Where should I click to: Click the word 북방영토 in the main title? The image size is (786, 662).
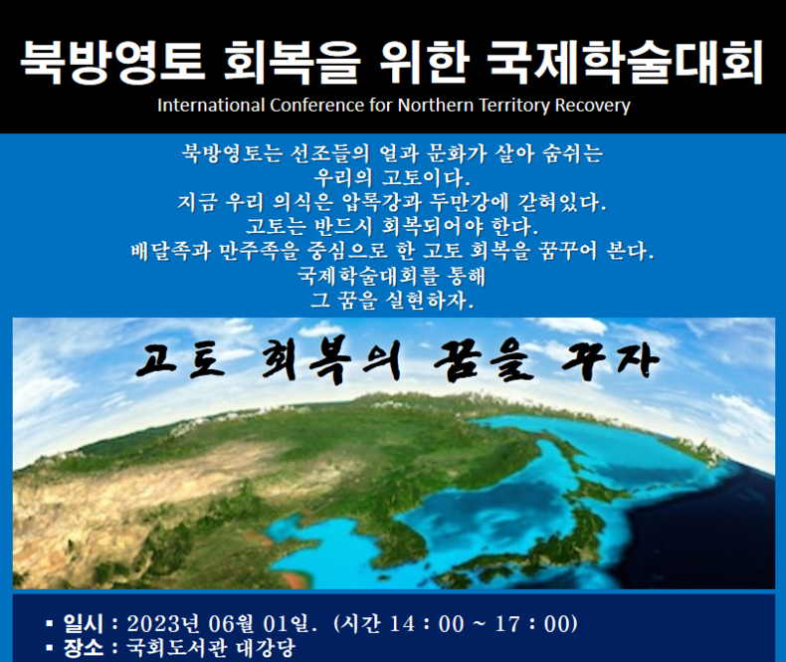click(x=112, y=63)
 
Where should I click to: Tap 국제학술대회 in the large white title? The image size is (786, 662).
click(x=625, y=63)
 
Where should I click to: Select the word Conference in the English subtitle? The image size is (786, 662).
click(x=316, y=106)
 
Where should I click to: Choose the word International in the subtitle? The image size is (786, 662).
click(x=211, y=106)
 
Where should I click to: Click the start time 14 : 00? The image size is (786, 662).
click(x=427, y=624)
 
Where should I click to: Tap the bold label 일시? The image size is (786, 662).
click(x=84, y=623)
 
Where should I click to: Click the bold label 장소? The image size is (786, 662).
click(x=84, y=648)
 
